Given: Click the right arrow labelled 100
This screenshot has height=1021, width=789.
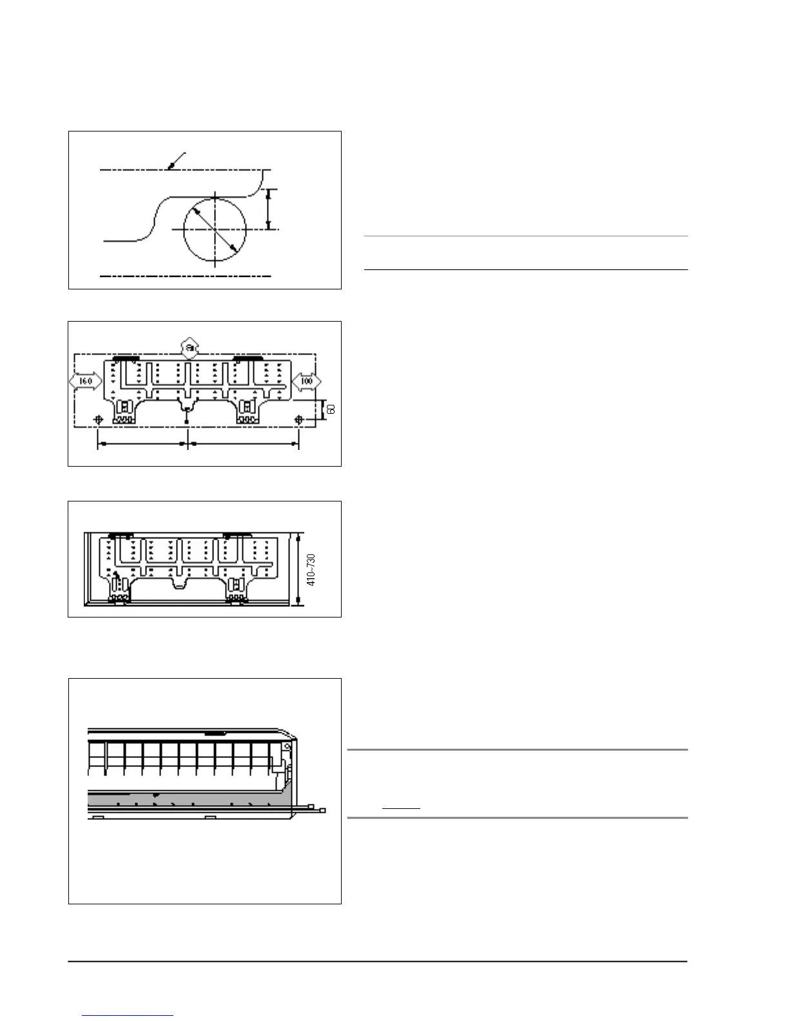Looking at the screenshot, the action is [306, 381].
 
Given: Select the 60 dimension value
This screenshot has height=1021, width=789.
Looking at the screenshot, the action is [331, 409].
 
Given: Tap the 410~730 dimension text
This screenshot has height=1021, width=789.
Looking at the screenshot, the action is [311, 570].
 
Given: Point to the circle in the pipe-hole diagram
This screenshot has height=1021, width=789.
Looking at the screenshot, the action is [215, 229].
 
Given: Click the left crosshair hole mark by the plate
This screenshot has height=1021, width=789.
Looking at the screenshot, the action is [98, 420].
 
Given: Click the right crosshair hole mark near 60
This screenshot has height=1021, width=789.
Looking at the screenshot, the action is [298, 420].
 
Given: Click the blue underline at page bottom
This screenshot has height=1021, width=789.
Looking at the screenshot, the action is [128, 1016].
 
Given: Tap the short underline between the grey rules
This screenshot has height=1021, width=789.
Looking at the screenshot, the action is [401, 808].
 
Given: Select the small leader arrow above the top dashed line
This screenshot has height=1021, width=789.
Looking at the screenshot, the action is [175, 161].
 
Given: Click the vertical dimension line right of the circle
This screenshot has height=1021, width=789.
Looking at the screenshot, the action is [269, 209].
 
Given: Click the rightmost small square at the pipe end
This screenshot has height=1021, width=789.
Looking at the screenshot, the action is [323, 810].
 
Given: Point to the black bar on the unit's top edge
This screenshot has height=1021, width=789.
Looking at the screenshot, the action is [215, 733].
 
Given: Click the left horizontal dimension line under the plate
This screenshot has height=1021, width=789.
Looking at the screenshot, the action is [142, 444].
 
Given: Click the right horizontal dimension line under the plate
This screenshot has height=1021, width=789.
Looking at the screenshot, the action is [243, 444].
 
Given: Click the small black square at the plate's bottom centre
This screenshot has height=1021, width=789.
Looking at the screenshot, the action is [187, 422].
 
